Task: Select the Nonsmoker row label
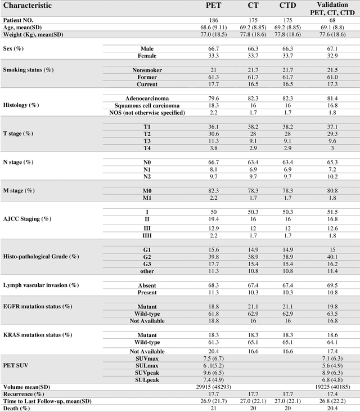[x=147, y=70]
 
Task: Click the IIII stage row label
[x=147, y=235]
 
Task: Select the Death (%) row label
[x=16, y=408]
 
